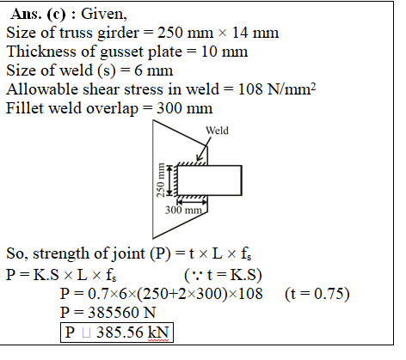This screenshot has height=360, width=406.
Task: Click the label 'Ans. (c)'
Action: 38,14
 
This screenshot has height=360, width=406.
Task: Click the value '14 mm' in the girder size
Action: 255,33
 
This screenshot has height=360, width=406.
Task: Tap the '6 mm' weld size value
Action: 154,70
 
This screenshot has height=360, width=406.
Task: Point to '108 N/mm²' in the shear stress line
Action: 277,89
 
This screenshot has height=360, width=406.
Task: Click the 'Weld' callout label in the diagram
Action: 217,131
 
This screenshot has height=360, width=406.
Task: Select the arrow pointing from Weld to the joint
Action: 204,149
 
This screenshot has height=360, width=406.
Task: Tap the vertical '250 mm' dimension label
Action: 161,180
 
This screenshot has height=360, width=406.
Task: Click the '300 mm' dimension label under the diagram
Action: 183,211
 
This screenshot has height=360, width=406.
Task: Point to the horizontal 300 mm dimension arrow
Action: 192,202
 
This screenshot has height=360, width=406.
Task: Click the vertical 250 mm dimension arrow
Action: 170,180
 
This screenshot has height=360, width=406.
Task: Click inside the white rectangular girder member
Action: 209,180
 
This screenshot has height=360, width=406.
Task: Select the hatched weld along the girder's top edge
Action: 192,163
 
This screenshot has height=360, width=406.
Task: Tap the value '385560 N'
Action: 122,313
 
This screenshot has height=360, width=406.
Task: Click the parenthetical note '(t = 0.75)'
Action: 317,294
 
